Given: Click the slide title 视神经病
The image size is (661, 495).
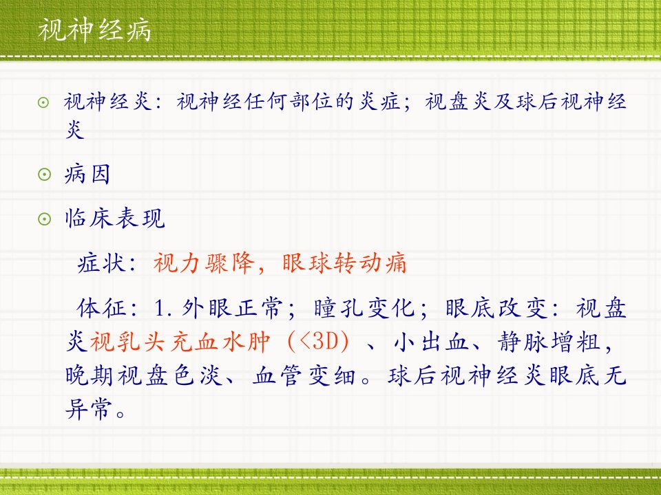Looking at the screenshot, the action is click(94, 30).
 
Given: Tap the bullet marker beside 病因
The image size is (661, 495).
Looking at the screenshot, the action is click(44, 174).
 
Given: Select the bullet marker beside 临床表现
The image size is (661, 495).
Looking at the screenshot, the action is click(44, 219).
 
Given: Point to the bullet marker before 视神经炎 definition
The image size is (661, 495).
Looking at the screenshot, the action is click(44, 102).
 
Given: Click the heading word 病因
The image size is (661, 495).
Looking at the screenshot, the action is click(87, 174).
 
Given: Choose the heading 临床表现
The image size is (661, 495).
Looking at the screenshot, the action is click(115, 219).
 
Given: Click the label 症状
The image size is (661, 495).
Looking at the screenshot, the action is click(101, 263).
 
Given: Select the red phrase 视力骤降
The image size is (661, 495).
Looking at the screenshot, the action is click(204, 263).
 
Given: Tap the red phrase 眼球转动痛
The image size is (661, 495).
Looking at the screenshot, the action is click(344, 263).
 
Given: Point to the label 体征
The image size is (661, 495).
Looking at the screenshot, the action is click(101, 308).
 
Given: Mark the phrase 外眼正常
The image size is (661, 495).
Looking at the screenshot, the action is click(232, 308).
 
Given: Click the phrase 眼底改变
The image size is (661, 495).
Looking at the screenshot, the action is click(496, 308).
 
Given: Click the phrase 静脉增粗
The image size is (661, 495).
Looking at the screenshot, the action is click(549, 342).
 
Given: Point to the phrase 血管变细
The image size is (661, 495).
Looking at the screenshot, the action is click(304, 375).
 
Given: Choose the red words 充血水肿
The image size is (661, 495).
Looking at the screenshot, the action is click(220, 342).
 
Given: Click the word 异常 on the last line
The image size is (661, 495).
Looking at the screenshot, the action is click(89, 408).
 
